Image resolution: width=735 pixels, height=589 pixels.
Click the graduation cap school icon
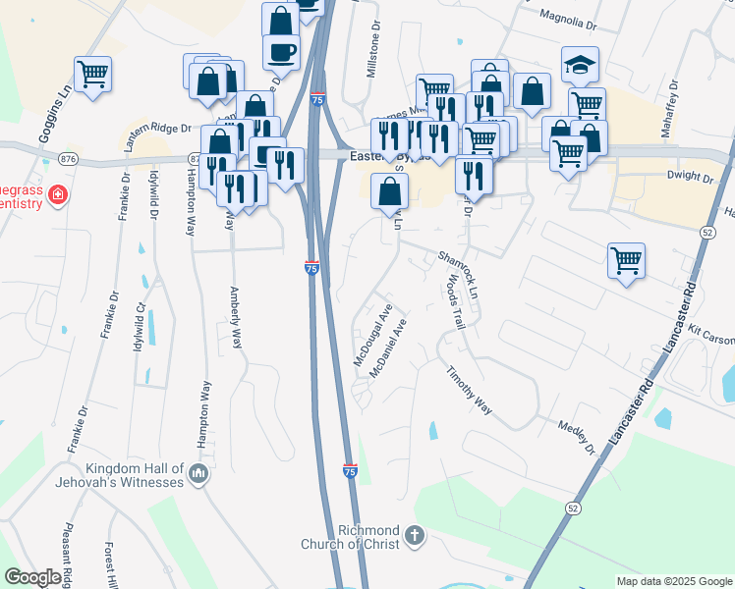tap(580, 65)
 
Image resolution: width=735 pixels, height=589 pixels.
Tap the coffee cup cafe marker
tap(281, 50)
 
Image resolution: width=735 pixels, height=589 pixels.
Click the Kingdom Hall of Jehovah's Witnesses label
tap(135, 475)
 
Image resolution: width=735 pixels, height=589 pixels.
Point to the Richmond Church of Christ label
tap(368, 537)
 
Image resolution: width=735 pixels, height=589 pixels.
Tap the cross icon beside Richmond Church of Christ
tap(415, 536)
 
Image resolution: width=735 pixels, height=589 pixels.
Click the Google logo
tap(32, 577)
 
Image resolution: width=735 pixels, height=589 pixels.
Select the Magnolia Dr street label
tap(569, 20)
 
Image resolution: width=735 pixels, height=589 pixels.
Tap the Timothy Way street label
tap(469, 390)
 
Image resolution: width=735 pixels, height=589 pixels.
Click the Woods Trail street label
tap(454, 301)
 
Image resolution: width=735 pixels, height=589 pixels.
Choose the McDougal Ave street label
tap(373, 334)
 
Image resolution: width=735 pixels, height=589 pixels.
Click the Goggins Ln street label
tap(57, 111)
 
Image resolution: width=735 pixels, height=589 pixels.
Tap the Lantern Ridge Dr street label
tap(157, 134)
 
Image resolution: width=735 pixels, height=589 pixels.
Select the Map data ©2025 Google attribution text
tap(674, 581)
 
